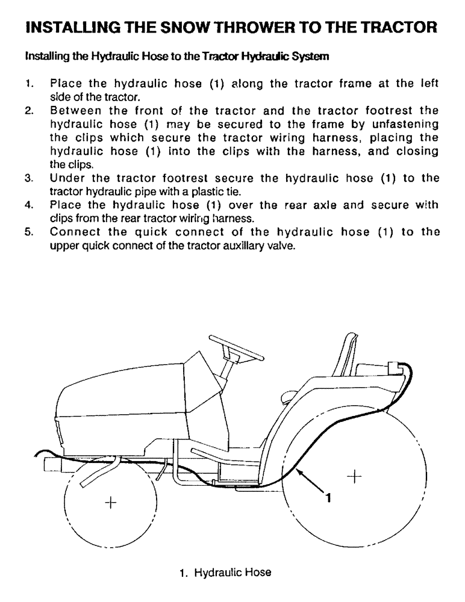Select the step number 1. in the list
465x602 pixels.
(x=29, y=84)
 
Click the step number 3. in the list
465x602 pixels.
(x=29, y=179)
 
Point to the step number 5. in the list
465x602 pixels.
(x=29, y=233)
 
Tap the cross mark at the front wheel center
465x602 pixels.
(x=110, y=502)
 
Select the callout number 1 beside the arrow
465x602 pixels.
(x=328, y=497)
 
